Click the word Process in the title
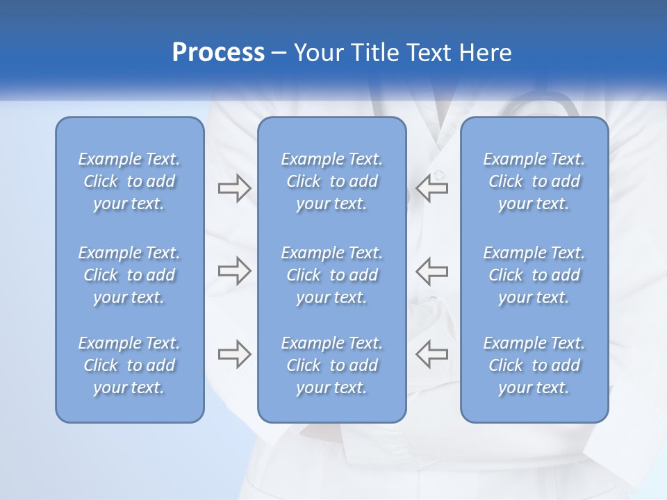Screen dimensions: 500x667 click(x=218, y=53)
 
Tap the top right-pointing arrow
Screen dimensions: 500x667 click(x=234, y=188)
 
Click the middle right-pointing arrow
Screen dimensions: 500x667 click(x=234, y=271)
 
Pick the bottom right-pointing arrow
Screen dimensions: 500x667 click(x=234, y=354)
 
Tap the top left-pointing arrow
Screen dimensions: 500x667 click(x=431, y=188)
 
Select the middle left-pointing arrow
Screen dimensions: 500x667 click(x=431, y=271)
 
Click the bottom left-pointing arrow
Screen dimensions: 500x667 click(x=431, y=354)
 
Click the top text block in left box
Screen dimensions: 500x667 click(x=129, y=181)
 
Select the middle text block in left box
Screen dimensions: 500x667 click(x=129, y=275)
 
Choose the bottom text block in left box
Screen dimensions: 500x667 click(x=129, y=365)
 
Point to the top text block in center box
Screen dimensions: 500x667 click(x=331, y=181)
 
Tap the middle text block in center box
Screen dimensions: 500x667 click(x=331, y=275)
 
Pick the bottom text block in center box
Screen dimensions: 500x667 click(x=331, y=365)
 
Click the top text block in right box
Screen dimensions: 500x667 click(x=534, y=181)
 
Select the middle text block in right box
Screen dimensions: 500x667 click(x=534, y=275)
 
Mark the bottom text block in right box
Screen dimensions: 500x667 click(x=534, y=365)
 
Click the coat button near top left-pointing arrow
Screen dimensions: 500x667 click(x=438, y=174)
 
